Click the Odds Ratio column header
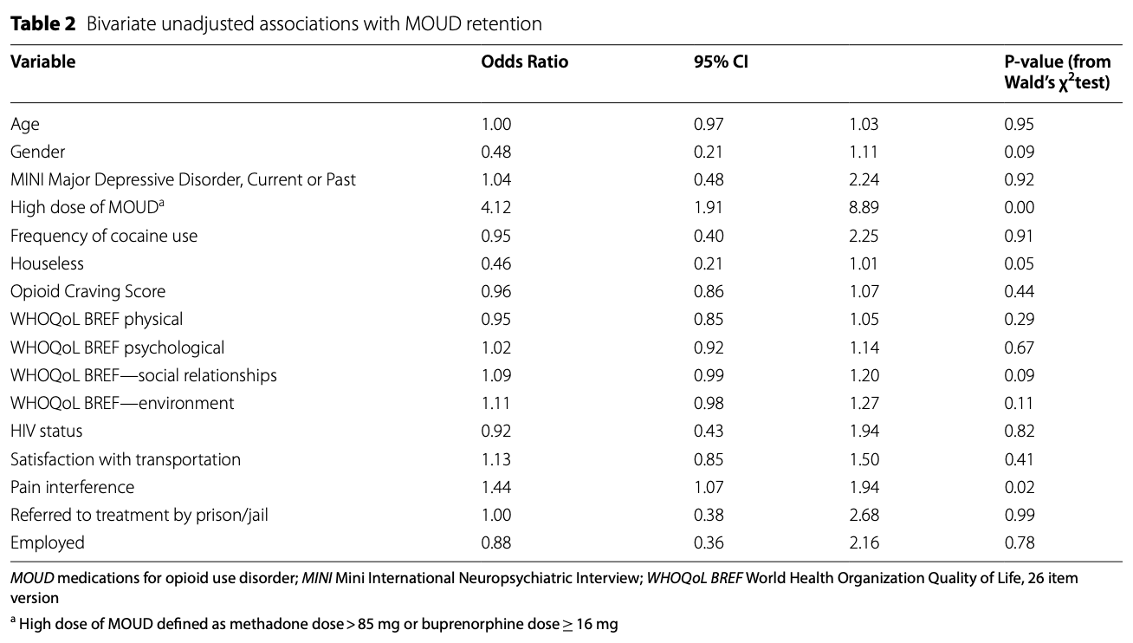[524, 62]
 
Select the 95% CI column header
[715, 62]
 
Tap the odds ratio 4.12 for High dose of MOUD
[495, 208]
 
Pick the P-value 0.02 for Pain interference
[1019, 487]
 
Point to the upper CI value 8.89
[863, 208]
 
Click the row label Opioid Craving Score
[87, 291]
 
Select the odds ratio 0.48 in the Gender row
[495, 152]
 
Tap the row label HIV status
[47, 431]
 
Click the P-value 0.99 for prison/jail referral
[1019, 515]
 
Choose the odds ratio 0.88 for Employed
[495, 543]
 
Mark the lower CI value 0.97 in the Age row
[708, 124]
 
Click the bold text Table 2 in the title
[42, 24]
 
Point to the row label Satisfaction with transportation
[126, 459]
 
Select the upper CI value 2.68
[863, 515]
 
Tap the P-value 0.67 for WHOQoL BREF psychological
[1019, 347]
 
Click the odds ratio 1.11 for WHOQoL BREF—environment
[495, 403]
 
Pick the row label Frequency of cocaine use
[104, 236]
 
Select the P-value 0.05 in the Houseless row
[1019, 263]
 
